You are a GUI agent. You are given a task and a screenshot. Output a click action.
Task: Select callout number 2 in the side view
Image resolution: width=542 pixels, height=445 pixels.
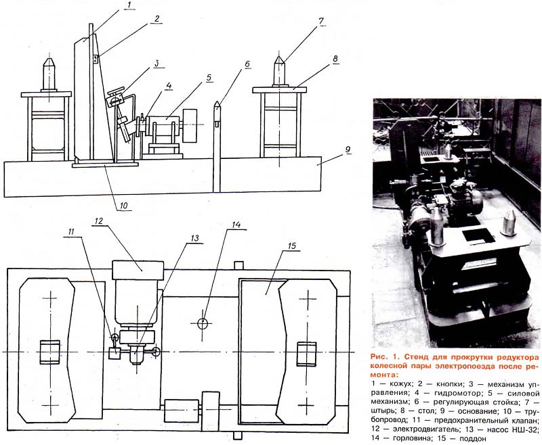tap(157, 19)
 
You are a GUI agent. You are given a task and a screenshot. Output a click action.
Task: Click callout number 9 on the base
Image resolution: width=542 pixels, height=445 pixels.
tap(348, 149)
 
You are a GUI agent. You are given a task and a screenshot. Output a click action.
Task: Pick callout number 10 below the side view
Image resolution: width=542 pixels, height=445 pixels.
tap(124, 206)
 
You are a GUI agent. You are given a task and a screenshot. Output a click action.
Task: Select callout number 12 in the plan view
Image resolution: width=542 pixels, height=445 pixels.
tap(99, 220)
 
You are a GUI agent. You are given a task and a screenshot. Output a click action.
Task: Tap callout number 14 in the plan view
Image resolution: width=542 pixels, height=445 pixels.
tap(236, 225)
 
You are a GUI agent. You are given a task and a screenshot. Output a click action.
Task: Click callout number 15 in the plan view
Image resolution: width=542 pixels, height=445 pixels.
tap(292, 245)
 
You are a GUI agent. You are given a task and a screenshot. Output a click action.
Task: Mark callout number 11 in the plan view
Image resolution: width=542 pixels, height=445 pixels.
tap(71, 232)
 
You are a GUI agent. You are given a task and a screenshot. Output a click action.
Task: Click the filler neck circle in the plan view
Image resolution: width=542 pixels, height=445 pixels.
tap(203, 323)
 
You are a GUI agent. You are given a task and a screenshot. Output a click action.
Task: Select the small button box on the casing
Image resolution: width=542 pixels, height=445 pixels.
tap(96, 59)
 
